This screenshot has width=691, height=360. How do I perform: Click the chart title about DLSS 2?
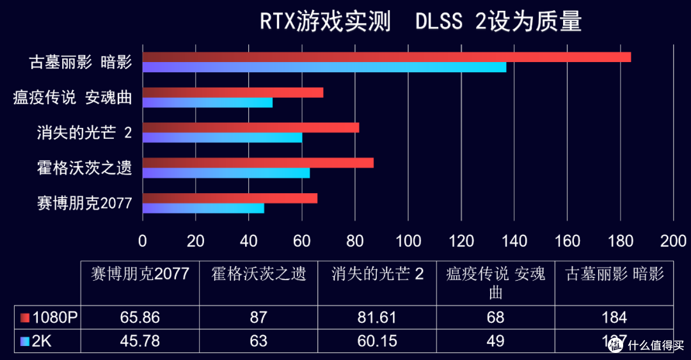point(420,22)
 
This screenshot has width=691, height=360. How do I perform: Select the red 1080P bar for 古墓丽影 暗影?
point(386,57)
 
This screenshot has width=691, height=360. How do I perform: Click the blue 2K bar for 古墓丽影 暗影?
point(324,67)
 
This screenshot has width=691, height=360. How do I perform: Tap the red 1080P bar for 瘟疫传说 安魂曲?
point(233,93)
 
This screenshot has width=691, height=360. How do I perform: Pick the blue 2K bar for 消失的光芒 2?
point(222,137)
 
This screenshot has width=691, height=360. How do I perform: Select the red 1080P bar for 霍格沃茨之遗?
point(258,163)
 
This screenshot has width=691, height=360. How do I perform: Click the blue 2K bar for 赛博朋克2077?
point(203,208)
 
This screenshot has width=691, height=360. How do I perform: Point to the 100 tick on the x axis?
point(408,240)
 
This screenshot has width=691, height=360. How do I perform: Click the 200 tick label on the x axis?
point(673,240)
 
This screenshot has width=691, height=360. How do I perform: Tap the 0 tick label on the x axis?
point(143,240)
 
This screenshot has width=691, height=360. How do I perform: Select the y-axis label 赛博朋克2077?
point(84,204)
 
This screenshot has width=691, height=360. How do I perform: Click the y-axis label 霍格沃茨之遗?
point(84,169)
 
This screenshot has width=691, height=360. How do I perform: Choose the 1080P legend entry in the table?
point(48,318)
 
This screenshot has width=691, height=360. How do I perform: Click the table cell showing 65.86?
point(139,318)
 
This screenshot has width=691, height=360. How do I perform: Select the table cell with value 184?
point(615,318)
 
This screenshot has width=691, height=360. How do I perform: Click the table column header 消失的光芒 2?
point(377,274)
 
